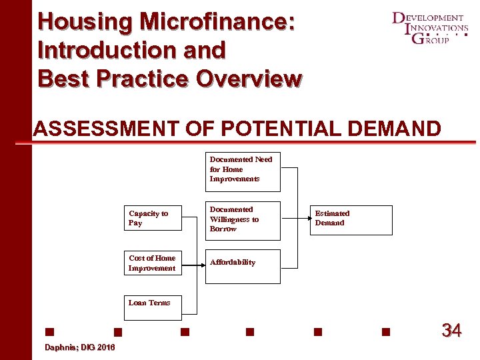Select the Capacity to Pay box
154,218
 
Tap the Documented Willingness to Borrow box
243,219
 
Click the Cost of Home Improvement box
154,263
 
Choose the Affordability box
243,265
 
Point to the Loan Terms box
163,303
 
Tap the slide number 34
451,330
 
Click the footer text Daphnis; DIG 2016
79,347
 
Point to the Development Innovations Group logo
429,28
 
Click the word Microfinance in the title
217,21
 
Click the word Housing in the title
85,21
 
